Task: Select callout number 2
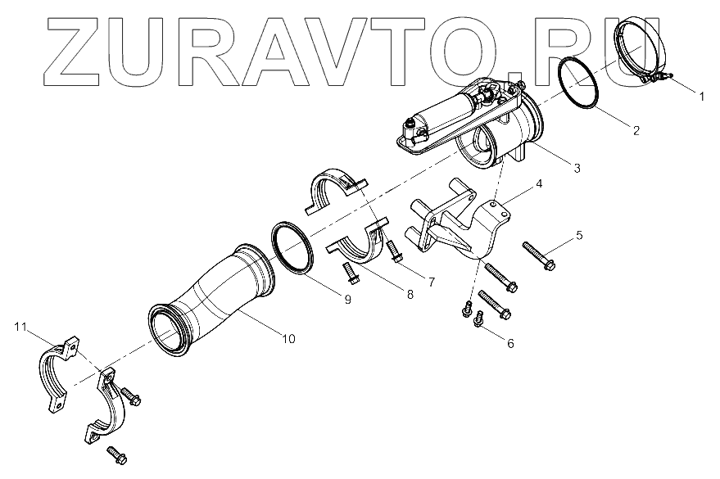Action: (x=635, y=129)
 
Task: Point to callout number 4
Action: (x=540, y=184)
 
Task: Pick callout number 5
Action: (x=578, y=236)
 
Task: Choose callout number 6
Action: (x=510, y=343)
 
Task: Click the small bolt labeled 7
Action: (x=396, y=250)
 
